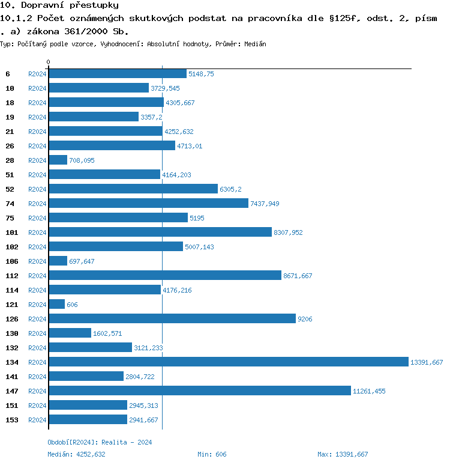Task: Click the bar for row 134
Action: click(228, 362)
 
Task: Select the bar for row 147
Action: click(200, 391)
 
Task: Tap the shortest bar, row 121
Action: click(57, 304)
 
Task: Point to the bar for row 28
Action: click(58, 160)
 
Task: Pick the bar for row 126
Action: click(172, 318)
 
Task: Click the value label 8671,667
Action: click(298, 276)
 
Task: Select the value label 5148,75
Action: click(201, 74)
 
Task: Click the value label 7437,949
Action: click(265, 204)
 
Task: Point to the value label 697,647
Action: click(82, 261)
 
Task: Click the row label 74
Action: click(10, 204)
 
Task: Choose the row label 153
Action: click(11, 420)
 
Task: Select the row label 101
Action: click(11, 232)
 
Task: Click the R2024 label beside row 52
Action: click(37, 189)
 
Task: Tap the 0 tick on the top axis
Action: click(49, 62)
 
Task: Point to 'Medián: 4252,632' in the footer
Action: click(76, 454)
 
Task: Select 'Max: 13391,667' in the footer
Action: click(343, 454)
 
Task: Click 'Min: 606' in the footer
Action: click(212, 454)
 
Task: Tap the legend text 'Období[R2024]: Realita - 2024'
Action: click(100, 442)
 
